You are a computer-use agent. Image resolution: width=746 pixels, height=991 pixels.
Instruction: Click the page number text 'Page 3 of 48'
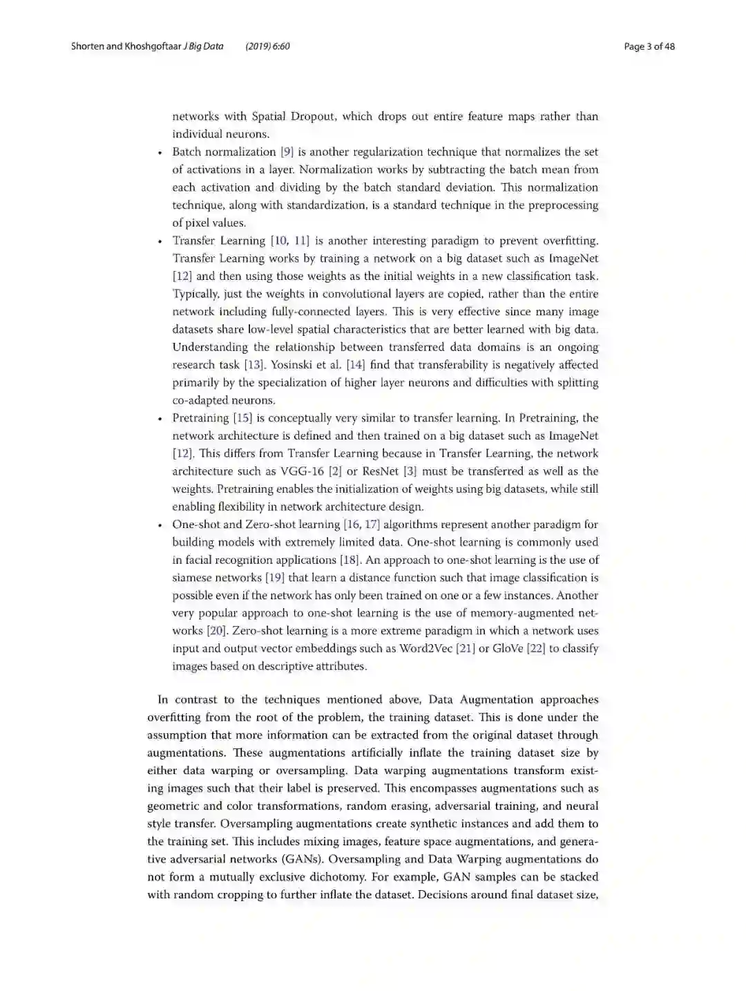pyautogui.click(x=649, y=46)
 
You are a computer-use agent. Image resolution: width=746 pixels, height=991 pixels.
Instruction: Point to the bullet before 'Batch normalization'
pyautogui.click(x=160, y=153)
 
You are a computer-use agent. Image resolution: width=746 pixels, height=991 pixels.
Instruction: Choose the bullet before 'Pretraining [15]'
pyautogui.click(x=160, y=419)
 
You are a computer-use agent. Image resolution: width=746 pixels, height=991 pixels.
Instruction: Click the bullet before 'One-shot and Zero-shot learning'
pyautogui.click(x=160, y=525)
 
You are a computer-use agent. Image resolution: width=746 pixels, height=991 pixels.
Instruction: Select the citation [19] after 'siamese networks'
pyautogui.click(x=275, y=578)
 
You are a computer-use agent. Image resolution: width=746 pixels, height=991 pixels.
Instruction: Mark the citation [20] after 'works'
pyautogui.click(x=216, y=631)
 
